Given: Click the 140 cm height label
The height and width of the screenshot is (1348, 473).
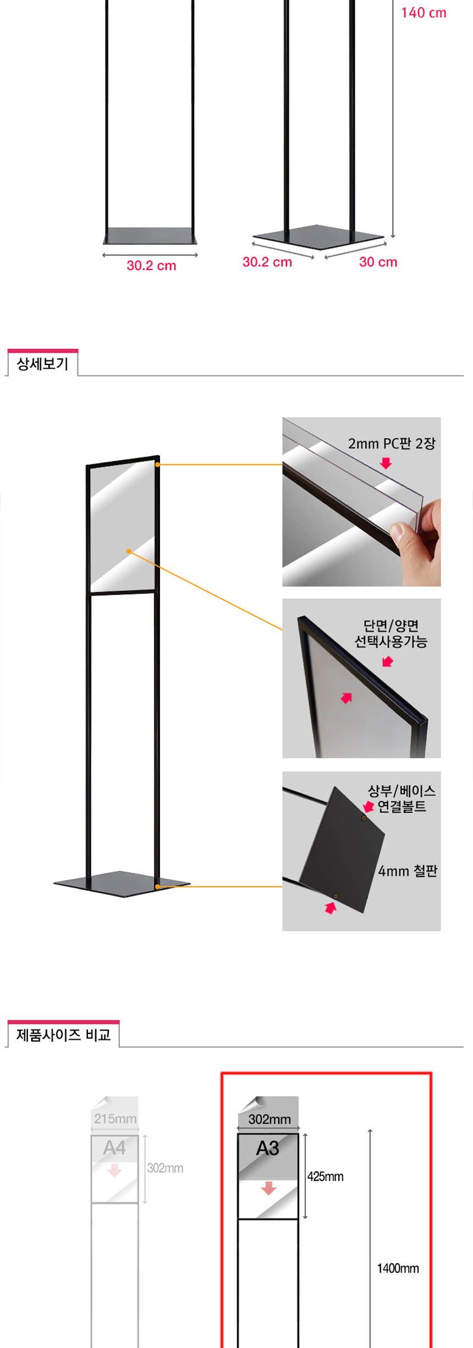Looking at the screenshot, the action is click(x=424, y=13).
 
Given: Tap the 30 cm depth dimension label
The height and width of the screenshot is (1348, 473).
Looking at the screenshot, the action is click(x=378, y=262).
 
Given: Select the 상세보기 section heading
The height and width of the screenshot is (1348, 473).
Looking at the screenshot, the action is click(x=42, y=364).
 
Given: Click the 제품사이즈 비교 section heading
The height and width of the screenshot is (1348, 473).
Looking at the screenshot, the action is click(x=63, y=1035).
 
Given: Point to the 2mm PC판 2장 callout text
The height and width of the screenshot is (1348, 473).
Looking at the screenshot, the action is click(x=392, y=443).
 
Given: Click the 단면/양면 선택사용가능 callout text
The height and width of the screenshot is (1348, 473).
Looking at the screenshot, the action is click(x=391, y=633).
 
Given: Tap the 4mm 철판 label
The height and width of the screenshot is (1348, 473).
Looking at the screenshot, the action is click(x=408, y=871).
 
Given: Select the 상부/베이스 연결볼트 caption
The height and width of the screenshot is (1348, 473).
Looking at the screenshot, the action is click(x=402, y=799).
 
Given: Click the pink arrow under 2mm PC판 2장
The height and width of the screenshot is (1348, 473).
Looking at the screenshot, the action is click(x=386, y=463).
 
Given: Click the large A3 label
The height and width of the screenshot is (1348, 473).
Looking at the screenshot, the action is click(x=267, y=1148).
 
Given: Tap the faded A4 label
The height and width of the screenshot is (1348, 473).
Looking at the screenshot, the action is click(x=114, y=1148).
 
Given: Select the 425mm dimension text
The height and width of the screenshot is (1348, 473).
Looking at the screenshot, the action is click(x=325, y=1176).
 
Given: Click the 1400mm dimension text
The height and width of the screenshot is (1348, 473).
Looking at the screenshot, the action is click(x=398, y=1268).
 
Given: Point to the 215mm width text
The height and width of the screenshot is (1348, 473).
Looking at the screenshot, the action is click(x=116, y=1118).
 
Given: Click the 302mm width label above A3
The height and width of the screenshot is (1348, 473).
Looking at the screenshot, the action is click(x=269, y=1119).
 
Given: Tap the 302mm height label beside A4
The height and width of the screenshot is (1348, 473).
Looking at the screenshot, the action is click(x=165, y=1168).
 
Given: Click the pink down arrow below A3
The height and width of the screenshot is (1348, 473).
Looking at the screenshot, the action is click(x=268, y=1188).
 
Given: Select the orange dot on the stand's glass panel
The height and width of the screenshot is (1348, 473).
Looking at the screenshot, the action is click(x=129, y=551).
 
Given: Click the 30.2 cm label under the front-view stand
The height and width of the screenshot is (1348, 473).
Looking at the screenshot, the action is click(x=151, y=266).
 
